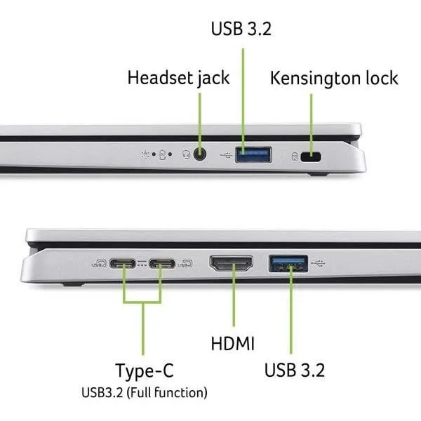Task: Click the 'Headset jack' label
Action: click(178, 77)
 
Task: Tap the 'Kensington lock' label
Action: click(334, 77)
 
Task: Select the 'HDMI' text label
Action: click(232, 344)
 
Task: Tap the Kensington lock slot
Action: click(310, 156)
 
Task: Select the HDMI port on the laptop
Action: click(232, 265)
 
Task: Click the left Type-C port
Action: click(123, 265)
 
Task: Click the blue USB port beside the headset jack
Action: click(253, 154)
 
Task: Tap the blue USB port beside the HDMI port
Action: click(288, 264)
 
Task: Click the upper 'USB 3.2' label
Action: click(241, 29)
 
